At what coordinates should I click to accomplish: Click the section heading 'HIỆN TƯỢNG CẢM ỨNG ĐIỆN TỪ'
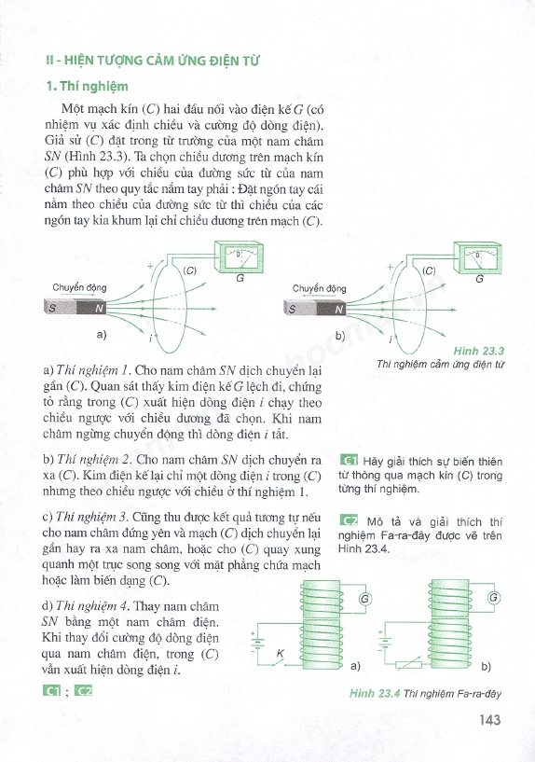click(161, 61)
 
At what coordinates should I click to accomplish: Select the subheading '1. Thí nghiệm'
click(88, 87)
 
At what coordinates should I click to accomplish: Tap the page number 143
click(489, 720)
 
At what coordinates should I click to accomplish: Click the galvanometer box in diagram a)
click(240, 256)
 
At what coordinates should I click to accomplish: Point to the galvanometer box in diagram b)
click(478, 257)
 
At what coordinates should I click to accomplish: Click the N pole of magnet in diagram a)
click(91, 308)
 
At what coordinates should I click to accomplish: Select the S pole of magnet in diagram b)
click(300, 309)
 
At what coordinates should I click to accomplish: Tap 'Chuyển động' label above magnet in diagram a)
click(79, 287)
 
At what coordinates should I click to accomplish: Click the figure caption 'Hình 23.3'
click(479, 351)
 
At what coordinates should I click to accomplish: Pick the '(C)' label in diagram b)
click(429, 270)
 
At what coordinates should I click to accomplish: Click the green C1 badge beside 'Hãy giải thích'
click(350, 461)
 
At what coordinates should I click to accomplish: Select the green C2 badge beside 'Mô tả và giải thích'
click(350, 521)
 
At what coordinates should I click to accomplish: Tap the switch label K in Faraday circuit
click(280, 654)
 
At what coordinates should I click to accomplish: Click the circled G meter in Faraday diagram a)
click(365, 599)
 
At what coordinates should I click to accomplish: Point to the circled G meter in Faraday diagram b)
click(494, 597)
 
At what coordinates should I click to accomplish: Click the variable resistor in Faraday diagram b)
click(409, 665)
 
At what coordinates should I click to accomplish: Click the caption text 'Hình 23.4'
click(375, 694)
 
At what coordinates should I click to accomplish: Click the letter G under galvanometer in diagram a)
click(240, 279)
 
